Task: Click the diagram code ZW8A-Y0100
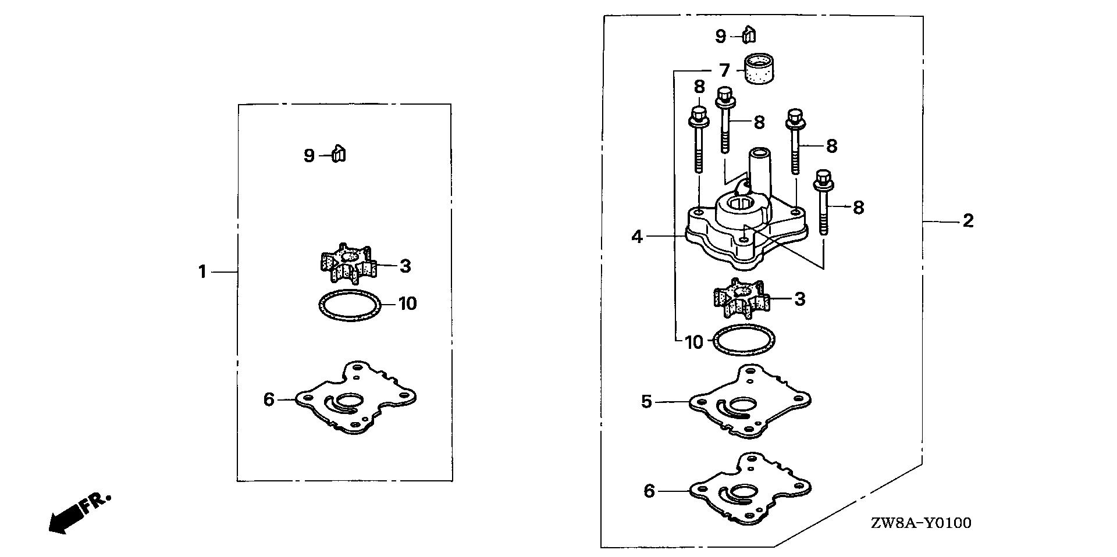coord(920,523)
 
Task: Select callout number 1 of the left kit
coord(202,272)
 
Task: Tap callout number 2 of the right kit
coord(967,221)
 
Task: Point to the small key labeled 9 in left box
coord(339,155)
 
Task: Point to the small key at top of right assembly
coord(750,35)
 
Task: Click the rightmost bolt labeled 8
coord(823,201)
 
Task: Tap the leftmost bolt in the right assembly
coord(698,140)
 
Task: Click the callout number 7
coord(724,71)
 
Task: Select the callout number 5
coord(647,401)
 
